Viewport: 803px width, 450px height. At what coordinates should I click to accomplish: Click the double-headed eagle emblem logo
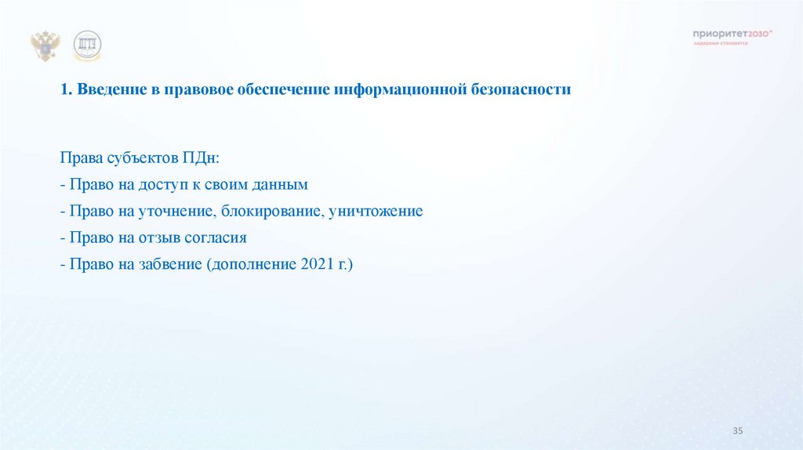click(45, 45)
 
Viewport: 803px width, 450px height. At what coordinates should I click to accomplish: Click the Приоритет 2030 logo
click(733, 35)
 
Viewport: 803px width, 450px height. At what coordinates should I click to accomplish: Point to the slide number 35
click(737, 432)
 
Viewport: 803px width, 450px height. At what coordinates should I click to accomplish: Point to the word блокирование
click(270, 212)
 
